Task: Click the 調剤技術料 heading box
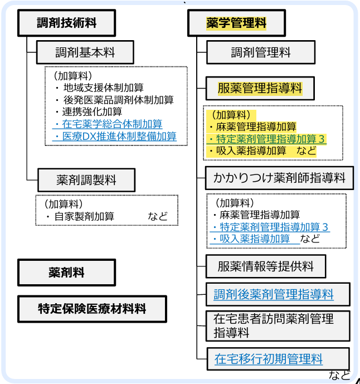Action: (67, 23)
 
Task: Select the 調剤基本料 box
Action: (85, 53)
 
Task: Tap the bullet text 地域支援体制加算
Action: (103, 88)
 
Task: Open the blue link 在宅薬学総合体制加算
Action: (111, 124)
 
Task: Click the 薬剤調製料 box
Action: (86, 180)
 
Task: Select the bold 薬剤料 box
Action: (67, 273)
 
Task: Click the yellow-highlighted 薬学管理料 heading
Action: (236, 23)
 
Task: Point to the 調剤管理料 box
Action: (261, 53)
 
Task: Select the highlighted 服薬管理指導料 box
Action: (260, 88)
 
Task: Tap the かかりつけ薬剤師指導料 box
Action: (279, 178)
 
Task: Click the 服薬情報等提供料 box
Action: (265, 266)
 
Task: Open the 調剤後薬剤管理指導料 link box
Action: (274, 294)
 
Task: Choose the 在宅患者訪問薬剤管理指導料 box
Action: (274, 325)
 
